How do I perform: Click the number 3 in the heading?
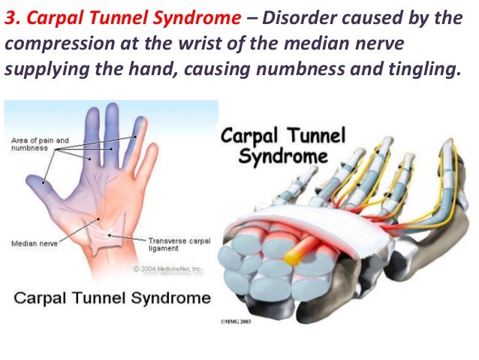tap(10, 17)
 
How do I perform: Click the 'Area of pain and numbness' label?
tap(40, 144)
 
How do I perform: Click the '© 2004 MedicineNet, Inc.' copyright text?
tap(171, 269)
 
